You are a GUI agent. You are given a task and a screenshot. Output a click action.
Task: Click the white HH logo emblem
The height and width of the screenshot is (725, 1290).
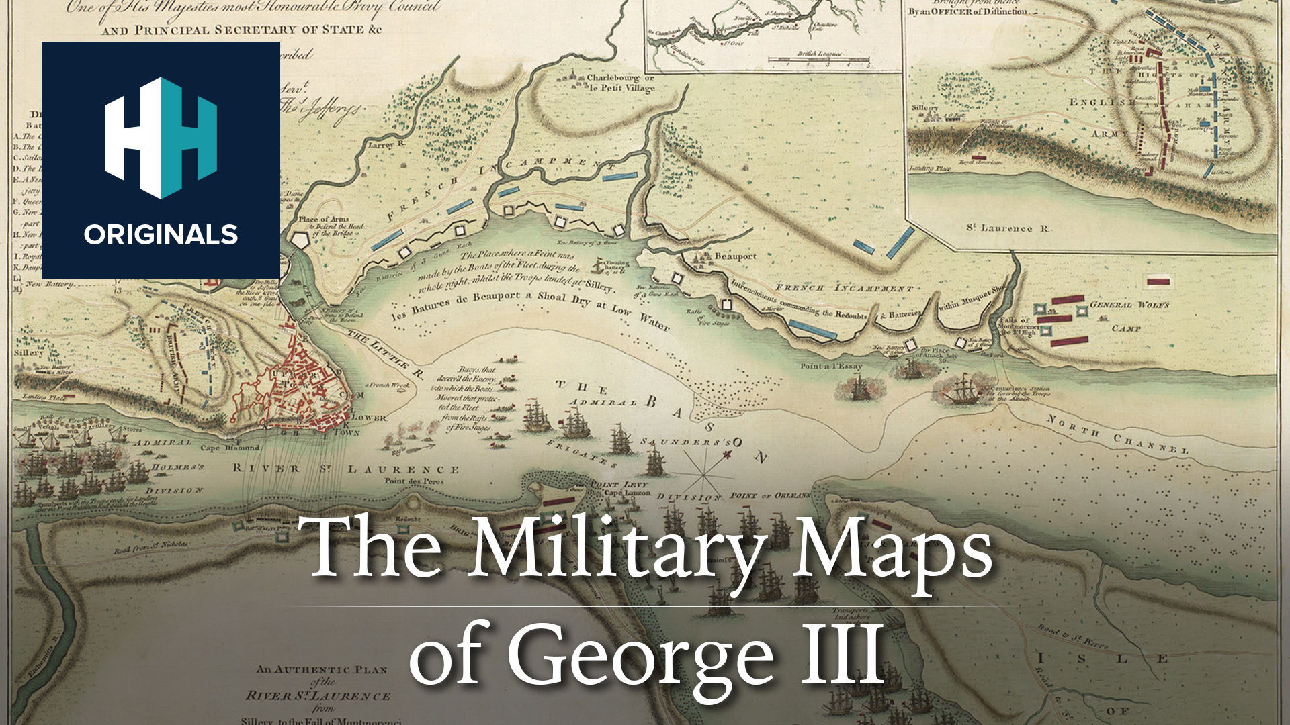point(161,138)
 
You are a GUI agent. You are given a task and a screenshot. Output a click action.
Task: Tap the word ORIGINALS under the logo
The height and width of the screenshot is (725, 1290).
point(161,235)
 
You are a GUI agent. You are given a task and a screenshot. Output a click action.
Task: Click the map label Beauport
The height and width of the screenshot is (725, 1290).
point(735,256)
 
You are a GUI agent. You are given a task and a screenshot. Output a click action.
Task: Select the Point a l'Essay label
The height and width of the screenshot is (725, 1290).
point(831,366)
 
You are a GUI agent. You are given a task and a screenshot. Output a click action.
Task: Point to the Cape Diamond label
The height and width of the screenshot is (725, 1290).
point(230,448)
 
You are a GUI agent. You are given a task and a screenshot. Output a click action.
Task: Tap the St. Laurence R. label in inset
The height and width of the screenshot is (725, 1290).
point(1007,228)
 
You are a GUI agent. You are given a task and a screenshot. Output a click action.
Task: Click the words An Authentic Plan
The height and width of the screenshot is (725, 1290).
point(322,669)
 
